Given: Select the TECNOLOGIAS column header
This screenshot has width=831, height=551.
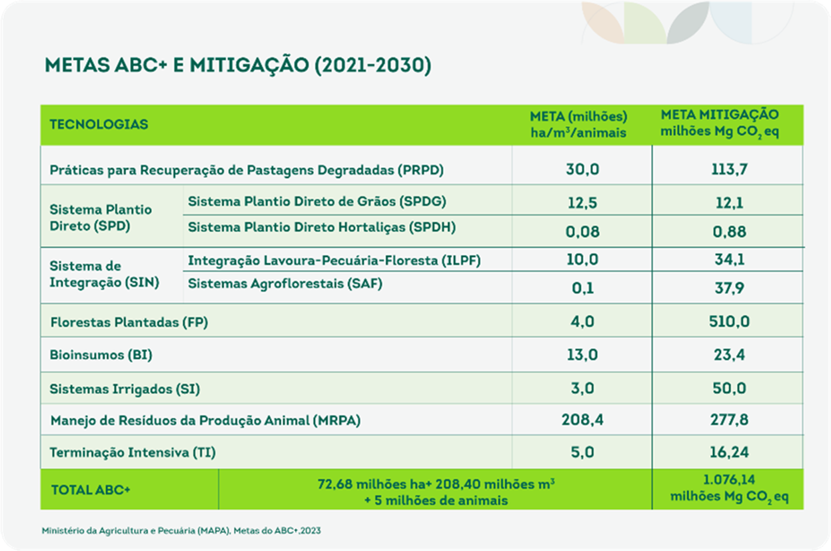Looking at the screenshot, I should pyautogui.click(x=99, y=125).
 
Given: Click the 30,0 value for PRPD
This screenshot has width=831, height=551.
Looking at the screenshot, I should pyautogui.click(x=582, y=169).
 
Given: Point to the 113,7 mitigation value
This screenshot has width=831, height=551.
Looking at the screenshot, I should pyautogui.click(x=730, y=169).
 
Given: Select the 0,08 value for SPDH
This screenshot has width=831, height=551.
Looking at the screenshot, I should pyautogui.click(x=582, y=232).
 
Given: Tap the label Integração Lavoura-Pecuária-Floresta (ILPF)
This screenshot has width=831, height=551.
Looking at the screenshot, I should pyautogui.click(x=334, y=261).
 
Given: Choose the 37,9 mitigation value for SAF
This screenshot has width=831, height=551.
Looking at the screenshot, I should pyautogui.click(x=730, y=288).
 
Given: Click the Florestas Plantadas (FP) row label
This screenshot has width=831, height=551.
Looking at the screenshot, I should pyautogui.click(x=129, y=323).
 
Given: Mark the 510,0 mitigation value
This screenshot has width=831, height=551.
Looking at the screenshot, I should pyautogui.click(x=730, y=322).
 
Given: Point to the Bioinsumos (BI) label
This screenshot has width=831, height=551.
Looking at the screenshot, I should pyautogui.click(x=101, y=355).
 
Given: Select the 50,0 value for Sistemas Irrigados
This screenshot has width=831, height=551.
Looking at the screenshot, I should pyautogui.click(x=730, y=388).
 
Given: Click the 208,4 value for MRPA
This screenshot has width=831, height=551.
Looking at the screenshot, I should pyautogui.click(x=582, y=420).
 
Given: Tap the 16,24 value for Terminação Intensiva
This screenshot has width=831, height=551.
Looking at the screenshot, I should pyautogui.click(x=730, y=452).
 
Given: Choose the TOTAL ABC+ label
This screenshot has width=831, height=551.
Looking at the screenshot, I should pyautogui.click(x=91, y=490).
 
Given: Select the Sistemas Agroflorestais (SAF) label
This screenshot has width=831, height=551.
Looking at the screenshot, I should pyautogui.click(x=285, y=284).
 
